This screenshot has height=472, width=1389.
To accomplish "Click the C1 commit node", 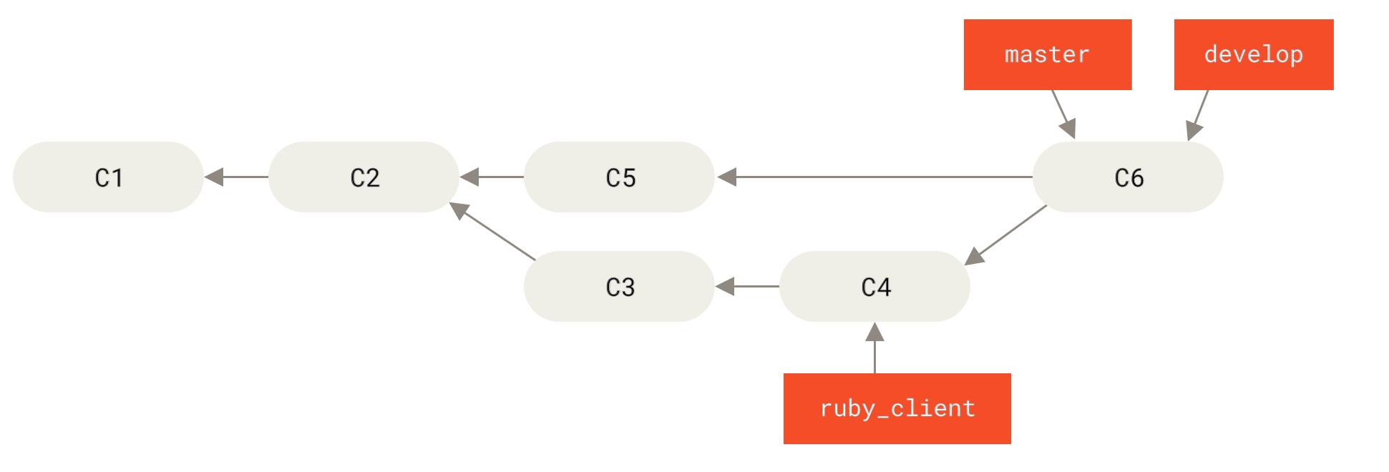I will point(108,177).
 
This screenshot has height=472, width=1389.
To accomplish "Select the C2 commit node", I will point(364,177).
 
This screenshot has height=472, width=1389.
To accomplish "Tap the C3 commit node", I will point(619,286).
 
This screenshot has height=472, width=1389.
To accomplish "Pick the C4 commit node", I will point(874,286).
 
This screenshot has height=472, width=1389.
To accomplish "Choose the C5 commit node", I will point(619,177).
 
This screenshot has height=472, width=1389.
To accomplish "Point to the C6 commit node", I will point(1128,177).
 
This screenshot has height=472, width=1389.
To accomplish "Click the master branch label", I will point(1048,54).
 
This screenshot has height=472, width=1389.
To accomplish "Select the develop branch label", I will point(1254,54).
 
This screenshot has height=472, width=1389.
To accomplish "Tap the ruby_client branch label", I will point(897,408).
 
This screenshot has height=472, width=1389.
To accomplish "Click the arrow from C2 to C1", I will point(236,177).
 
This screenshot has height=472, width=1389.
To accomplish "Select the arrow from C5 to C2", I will point(492,177).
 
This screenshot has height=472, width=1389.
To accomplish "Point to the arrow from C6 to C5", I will point(873,177).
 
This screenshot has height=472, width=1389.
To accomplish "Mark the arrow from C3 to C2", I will point(494,232).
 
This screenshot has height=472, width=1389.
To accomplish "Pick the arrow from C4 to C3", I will point(747,286).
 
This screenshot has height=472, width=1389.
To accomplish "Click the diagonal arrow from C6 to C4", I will point(1006,235).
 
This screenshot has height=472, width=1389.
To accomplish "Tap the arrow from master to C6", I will point(1063,113).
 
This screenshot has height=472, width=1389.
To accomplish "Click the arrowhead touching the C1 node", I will point(213,177).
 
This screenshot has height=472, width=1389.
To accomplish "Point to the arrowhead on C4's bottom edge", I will point(874,332).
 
